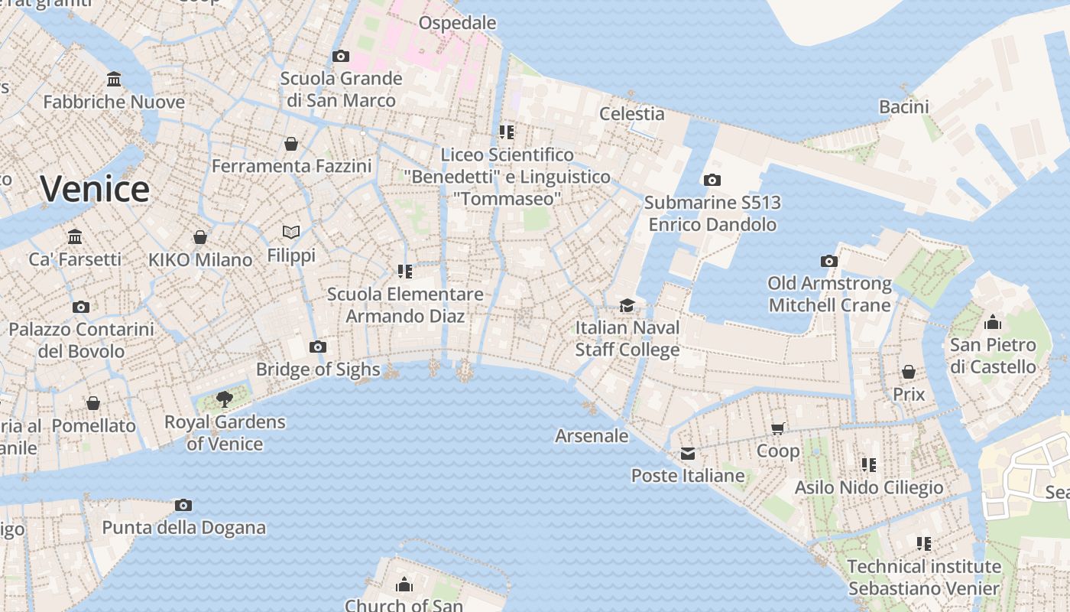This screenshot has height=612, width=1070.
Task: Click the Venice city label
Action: pyautogui.click(x=95, y=189)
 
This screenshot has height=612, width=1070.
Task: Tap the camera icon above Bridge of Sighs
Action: pyautogui.click(x=318, y=347)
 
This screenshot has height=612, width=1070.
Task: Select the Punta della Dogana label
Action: pyautogui.click(x=183, y=527)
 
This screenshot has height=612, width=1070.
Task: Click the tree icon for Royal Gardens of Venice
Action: pyautogui.click(x=224, y=399)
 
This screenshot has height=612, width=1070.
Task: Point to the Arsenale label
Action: pyautogui.click(x=592, y=436)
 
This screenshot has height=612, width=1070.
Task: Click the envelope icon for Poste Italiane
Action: pyautogui.click(x=688, y=454)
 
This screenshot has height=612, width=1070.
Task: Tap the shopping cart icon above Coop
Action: pyautogui.click(x=778, y=428)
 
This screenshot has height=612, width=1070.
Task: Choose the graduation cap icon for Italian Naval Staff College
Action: pyautogui.click(x=627, y=305)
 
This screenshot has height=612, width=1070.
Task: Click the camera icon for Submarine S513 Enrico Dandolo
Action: pyautogui.click(x=712, y=181)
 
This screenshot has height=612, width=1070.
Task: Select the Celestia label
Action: pyautogui.click(x=631, y=114)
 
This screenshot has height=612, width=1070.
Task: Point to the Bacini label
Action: pyautogui.click(x=903, y=106)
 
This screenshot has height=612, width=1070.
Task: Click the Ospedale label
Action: pyautogui.click(x=457, y=23)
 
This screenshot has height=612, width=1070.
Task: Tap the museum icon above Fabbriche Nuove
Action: pyautogui.click(x=114, y=80)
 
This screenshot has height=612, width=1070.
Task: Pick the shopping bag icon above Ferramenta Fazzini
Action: pyautogui.click(x=291, y=144)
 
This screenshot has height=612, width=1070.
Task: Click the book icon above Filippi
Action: pyautogui.click(x=291, y=232)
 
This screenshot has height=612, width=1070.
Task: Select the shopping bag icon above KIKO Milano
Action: pyautogui.click(x=200, y=237)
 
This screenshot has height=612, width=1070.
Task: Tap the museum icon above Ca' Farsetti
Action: pyautogui.click(x=75, y=236)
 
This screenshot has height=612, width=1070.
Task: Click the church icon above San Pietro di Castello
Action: pyautogui.click(x=993, y=322)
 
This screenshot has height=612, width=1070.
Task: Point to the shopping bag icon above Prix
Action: pyautogui.click(x=909, y=373)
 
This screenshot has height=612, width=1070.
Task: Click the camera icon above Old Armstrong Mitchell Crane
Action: pyautogui.click(x=829, y=262)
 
